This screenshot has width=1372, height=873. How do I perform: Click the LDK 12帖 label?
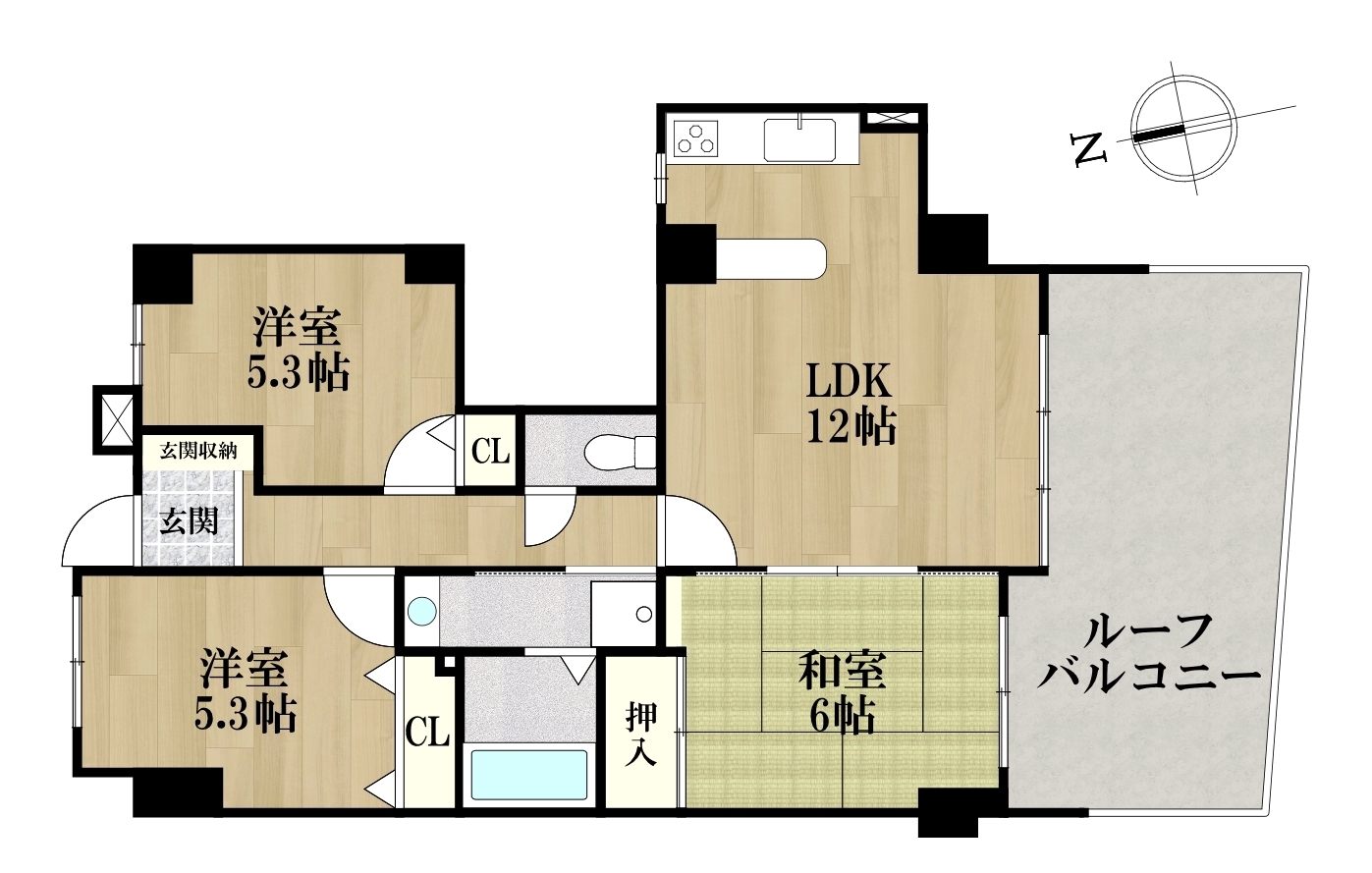[851, 404]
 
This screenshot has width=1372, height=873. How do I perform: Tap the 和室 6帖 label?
[843, 693]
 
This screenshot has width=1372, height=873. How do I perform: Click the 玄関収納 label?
[198, 452]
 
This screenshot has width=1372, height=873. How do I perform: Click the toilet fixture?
[620, 451]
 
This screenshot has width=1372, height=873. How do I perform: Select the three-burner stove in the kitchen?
[695, 137]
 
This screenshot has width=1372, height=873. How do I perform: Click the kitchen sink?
[800, 140]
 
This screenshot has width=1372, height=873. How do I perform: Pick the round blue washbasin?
[422, 612]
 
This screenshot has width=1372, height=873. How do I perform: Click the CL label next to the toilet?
[491, 452]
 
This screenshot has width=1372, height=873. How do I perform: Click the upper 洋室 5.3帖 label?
[299, 350]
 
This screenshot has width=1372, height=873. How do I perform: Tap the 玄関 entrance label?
[189, 522]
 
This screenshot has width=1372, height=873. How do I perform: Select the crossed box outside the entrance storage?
[116, 419]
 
